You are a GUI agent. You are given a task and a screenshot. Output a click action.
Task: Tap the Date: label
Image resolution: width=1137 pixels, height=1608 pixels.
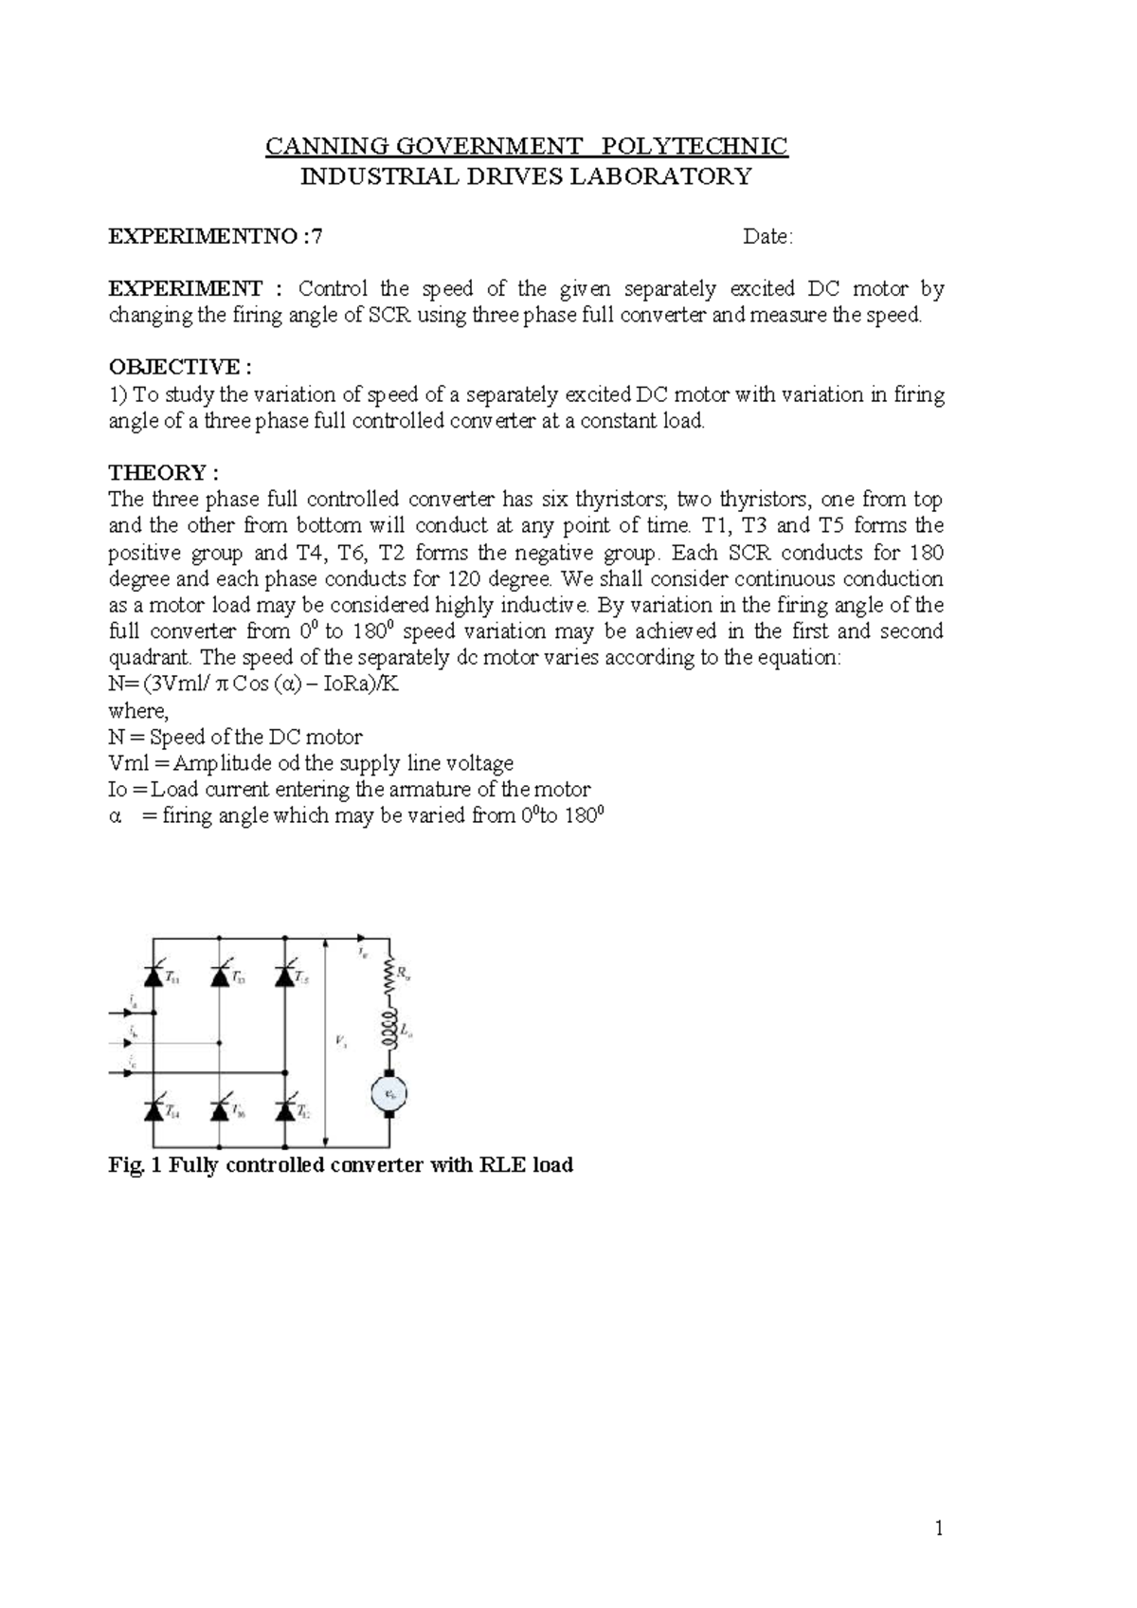(x=767, y=237)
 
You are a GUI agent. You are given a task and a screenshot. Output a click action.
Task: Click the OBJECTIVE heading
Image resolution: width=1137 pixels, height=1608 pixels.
(x=180, y=367)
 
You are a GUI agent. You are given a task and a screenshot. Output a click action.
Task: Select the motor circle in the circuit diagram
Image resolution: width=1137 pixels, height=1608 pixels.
(x=388, y=1093)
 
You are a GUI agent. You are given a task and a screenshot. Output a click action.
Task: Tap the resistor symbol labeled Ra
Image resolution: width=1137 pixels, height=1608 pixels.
(x=388, y=976)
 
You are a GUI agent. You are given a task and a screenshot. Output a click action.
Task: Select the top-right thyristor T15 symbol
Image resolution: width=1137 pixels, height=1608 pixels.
(x=283, y=976)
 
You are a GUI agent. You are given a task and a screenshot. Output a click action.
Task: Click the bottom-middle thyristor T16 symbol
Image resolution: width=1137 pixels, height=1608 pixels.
(x=220, y=1108)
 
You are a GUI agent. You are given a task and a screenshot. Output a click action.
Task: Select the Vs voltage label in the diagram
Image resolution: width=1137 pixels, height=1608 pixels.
(x=340, y=1041)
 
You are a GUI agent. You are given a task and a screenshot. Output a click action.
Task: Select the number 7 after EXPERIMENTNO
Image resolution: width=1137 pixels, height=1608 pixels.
(x=316, y=237)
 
